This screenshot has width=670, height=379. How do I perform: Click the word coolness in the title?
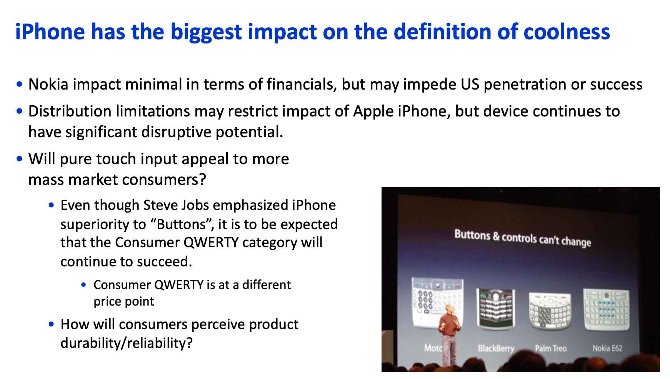[x=567, y=32]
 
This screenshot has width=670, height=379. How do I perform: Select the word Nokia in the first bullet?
[x=48, y=84]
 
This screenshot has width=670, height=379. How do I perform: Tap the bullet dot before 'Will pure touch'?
[x=20, y=159]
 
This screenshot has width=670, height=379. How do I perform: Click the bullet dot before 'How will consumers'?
[x=52, y=324]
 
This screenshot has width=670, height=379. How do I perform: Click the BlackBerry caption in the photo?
[x=496, y=348]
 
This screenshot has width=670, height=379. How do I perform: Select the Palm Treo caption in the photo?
[x=551, y=348]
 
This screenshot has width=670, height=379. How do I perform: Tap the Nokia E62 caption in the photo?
[x=607, y=348]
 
